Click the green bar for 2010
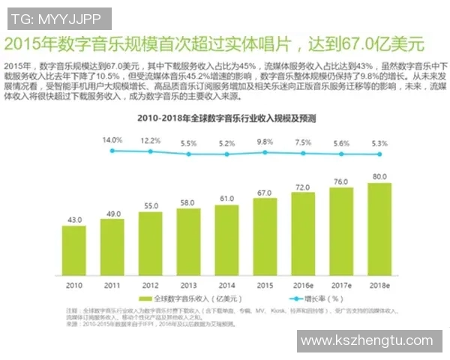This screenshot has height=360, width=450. point(73,250)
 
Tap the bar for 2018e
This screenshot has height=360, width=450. point(379,229)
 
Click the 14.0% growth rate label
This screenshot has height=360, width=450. point(112,140)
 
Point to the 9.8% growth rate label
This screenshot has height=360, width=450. point(265,142)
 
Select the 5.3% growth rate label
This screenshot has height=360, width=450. point(379,143)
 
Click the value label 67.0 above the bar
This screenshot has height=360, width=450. point(265,193)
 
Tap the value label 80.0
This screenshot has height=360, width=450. point(379,177)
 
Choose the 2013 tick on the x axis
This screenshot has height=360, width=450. point(188,286)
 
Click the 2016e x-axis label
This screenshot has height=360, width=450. point(303,286)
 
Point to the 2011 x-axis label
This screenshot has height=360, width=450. point(112,286)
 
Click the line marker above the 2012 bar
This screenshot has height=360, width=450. point(150,151)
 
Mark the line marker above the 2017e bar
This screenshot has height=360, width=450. point(341,154)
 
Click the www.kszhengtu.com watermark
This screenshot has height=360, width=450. point(367,341)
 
